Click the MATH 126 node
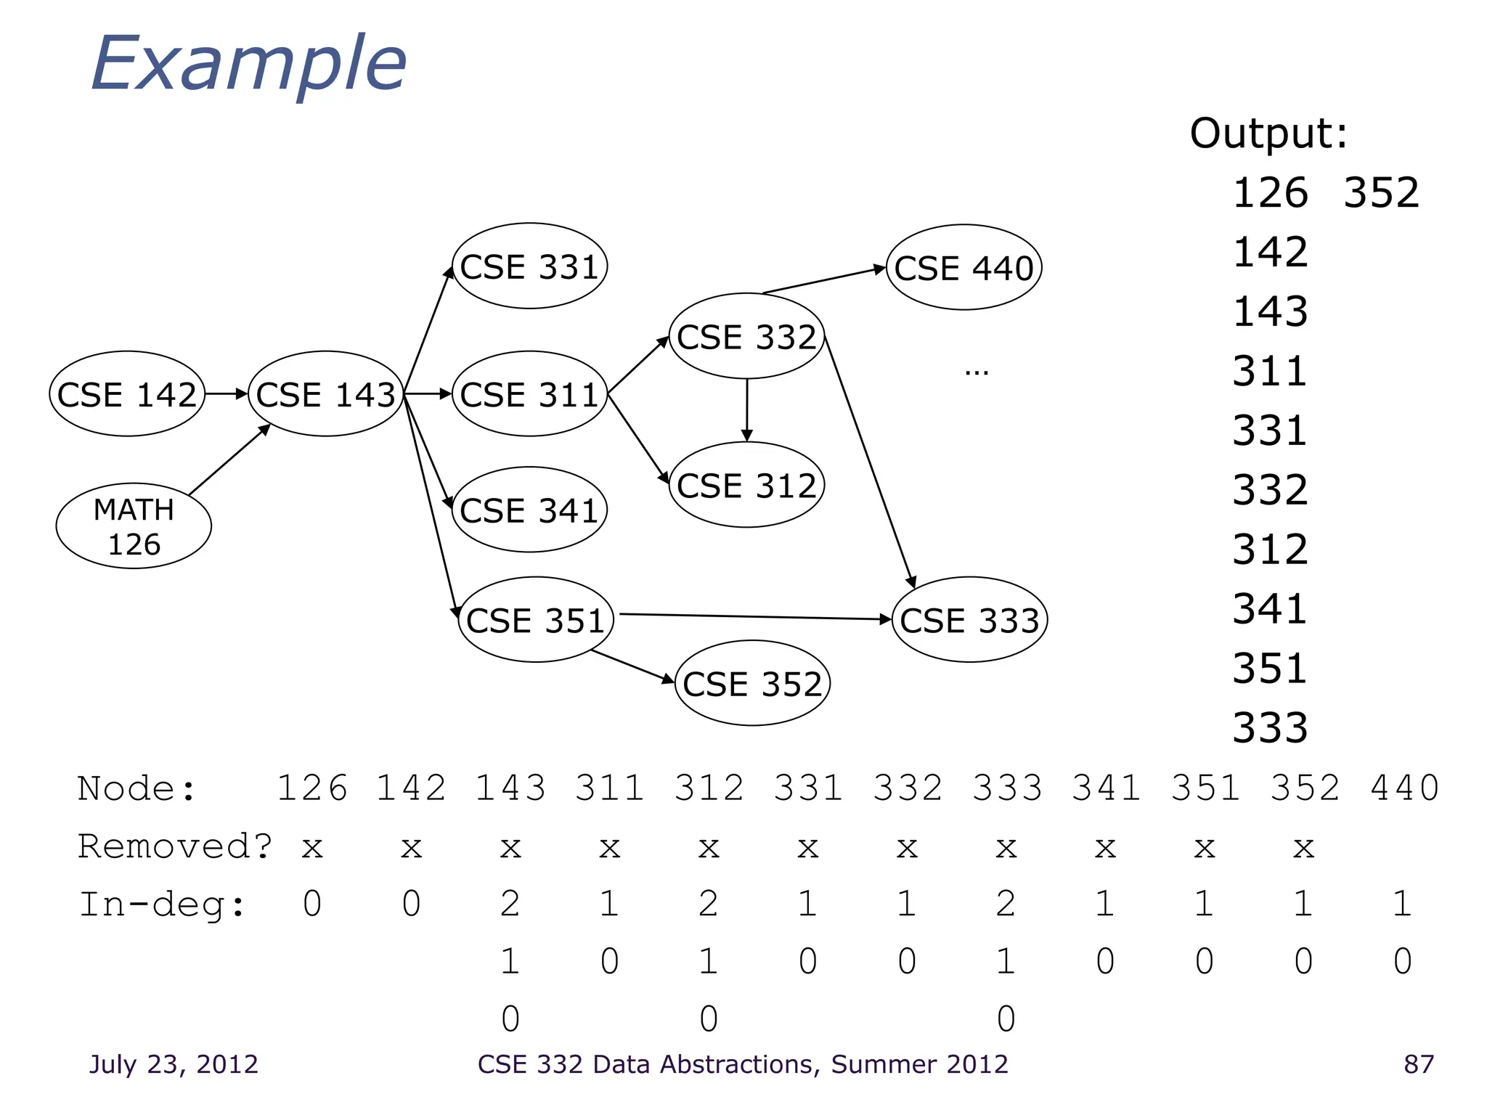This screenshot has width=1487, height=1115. click(x=134, y=526)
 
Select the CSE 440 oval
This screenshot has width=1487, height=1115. click(x=964, y=268)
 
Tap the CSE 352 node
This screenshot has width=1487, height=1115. click(x=752, y=684)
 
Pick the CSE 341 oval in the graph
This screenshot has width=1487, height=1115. click(x=529, y=510)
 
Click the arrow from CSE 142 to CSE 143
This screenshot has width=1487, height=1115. click(x=227, y=394)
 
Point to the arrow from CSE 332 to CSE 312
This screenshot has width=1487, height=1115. click(x=746, y=410)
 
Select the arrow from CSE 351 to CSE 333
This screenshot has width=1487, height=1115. click(x=755, y=617)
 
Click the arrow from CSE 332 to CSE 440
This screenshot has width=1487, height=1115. click(x=824, y=280)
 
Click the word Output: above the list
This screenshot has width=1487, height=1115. click(x=1268, y=134)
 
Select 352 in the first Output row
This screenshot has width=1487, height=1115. click(x=1381, y=193)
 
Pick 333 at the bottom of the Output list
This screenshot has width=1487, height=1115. click(x=1270, y=728)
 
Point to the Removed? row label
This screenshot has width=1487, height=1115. click(x=174, y=846)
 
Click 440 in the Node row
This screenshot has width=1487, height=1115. click(x=1404, y=788)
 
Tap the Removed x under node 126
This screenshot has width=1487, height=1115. click(x=312, y=848)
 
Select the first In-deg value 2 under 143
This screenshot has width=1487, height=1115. click(x=510, y=904)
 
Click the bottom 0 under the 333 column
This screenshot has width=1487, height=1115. click(x=1006, y=1019)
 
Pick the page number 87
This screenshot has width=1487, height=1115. click(x=1418, y=1064)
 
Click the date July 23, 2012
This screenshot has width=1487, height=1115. click(x=174, y=1064)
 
